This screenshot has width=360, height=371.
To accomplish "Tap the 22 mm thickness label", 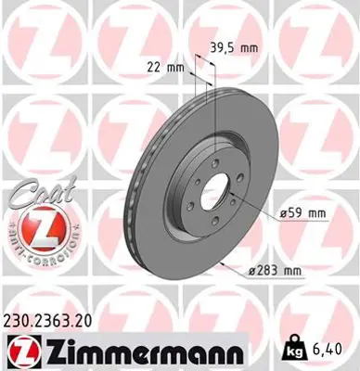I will [x=163, y=65].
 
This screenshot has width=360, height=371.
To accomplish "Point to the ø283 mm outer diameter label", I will [x=277, y=271].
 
